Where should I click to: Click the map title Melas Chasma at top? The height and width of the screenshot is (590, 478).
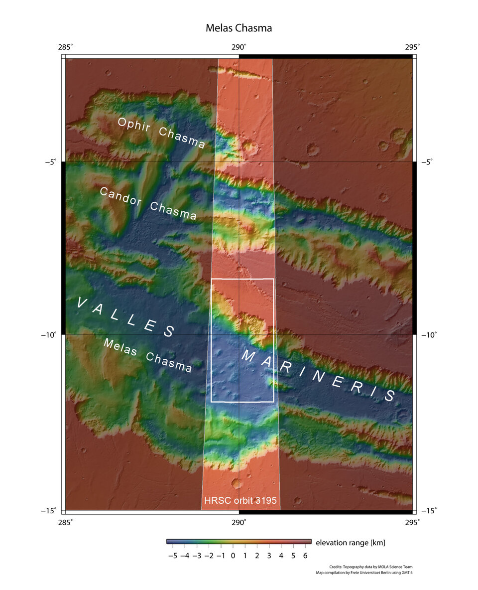point(239,28)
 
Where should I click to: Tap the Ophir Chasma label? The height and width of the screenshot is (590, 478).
point(161,133)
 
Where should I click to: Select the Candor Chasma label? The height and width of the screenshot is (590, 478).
point(148,203)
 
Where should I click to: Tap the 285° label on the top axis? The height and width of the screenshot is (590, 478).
point(65,47)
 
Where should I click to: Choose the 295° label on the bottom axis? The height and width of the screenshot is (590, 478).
point(412,522)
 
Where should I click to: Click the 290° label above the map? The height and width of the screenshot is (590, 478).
point(239,47)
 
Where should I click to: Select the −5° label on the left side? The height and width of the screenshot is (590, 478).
point(50,162)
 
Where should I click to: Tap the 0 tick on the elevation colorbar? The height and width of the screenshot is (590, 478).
point(233,555)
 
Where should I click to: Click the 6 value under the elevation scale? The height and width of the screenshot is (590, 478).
point(305,555)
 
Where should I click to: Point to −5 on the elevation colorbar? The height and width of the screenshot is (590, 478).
point(172,555)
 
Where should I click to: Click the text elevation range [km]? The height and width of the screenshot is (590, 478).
point(351,542)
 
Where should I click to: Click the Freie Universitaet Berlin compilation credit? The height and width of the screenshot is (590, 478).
point(364,573)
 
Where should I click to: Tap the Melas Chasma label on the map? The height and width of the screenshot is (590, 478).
point(147,355)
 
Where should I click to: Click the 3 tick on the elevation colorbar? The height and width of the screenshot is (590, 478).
point(269,555)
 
